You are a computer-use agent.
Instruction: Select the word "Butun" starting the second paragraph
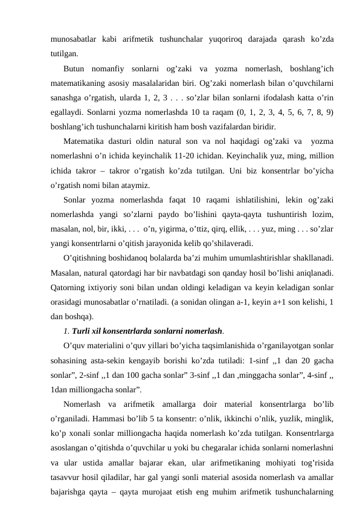click(x=76, y=67)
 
